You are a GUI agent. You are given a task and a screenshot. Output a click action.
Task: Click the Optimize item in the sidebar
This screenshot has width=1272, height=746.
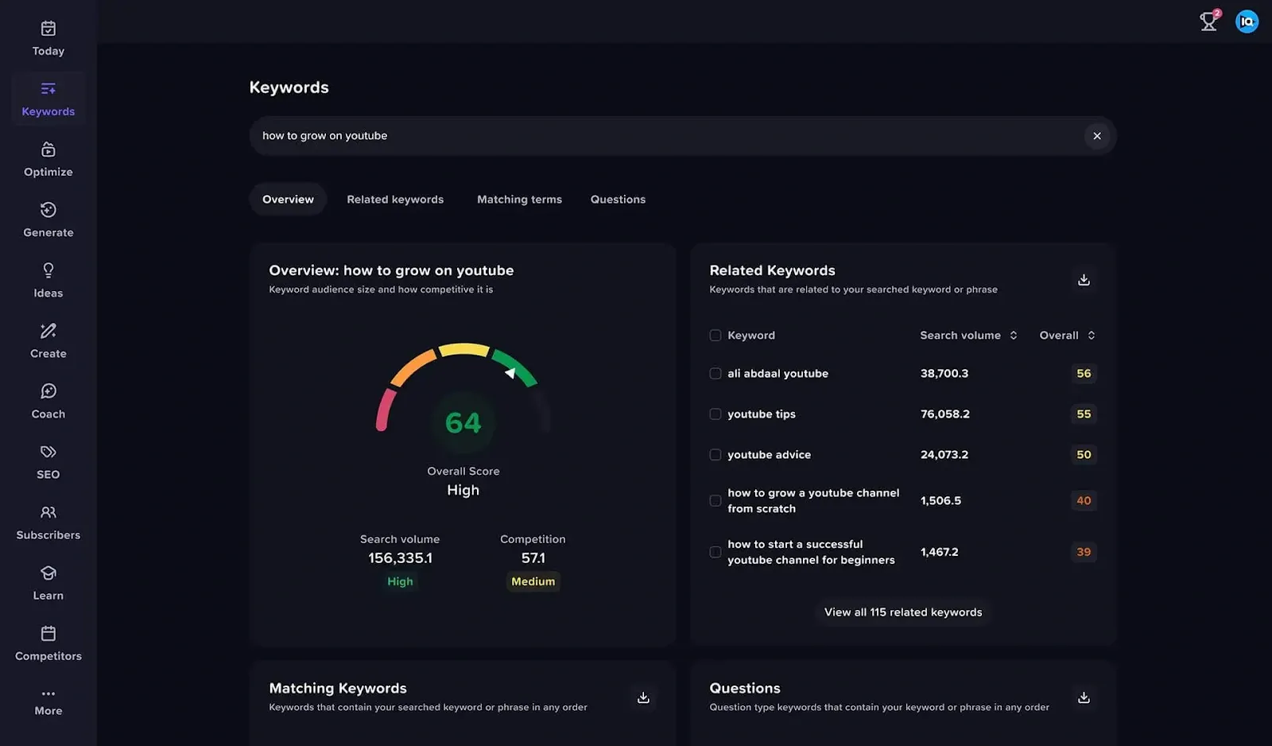click(x=48, y=159)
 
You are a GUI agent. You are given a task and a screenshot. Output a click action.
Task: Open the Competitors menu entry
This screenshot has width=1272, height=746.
click(x=48, y=643)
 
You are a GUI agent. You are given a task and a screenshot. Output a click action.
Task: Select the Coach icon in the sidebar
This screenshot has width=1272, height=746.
click(x=48, y=391)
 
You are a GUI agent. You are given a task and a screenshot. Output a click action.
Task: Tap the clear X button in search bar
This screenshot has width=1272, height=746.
click(x=1096, y=136)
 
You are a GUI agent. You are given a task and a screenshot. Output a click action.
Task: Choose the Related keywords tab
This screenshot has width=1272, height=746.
click(x=395, y=200)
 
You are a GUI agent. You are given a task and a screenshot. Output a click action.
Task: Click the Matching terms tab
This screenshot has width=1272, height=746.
click(x=519, y=200)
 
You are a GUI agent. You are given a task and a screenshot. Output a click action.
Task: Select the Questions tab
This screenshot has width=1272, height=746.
click(x=618, y=200)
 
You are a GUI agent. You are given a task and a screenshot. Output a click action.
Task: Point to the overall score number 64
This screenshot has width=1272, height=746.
click(x=463, y=423)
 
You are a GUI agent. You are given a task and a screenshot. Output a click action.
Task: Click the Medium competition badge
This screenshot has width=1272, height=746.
click(x=533, y=581)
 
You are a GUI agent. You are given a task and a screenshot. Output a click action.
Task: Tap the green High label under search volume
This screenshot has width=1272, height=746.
click(x=400, y=581)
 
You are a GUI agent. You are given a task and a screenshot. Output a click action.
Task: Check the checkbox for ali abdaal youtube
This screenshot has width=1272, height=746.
click(x=715, y=374)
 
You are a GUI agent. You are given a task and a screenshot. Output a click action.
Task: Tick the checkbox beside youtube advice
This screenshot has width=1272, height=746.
click(x=715, y=455)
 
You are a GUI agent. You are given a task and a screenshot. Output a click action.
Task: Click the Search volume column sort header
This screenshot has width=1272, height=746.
click(x=968, y=336)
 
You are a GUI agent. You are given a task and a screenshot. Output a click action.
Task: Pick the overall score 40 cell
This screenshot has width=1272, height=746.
click(x=1083, y=500)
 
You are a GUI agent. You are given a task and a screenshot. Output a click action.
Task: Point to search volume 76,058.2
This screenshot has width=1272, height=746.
click(x=944, y=414)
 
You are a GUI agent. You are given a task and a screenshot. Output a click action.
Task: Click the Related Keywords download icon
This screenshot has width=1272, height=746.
click(x=1083, y=280)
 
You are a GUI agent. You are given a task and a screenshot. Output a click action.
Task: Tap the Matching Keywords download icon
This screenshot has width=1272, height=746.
click(x=643, y=697)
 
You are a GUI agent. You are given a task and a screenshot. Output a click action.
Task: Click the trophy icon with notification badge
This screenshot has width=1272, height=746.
click(x=1208, y=21)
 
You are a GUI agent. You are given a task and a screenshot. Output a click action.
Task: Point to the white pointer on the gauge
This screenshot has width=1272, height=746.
click(x=510, y=372)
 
